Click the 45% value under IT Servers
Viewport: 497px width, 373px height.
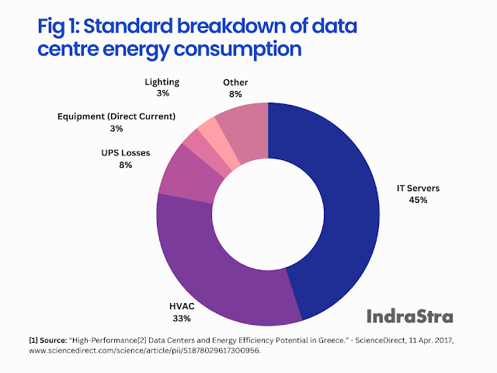(418, 200)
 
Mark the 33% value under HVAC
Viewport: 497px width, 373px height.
(182, 319)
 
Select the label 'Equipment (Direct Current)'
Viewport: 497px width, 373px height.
(116, 117)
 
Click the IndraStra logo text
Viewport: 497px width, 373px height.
(409, 315)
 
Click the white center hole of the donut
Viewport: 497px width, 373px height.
(268, 214)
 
